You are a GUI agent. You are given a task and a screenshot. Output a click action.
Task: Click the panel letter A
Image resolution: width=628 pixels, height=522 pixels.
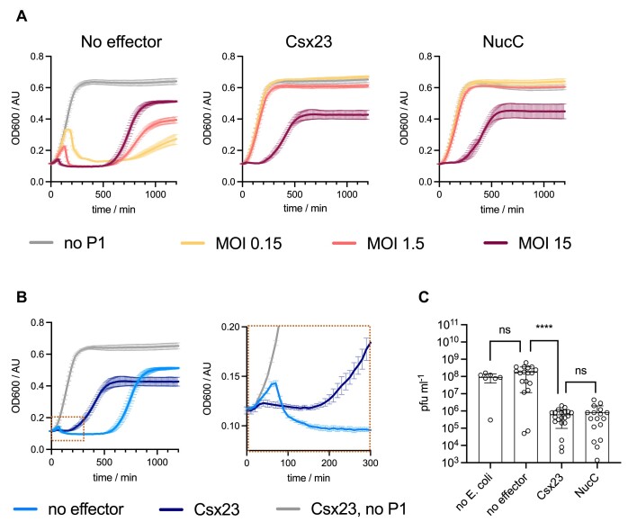coord(22,16)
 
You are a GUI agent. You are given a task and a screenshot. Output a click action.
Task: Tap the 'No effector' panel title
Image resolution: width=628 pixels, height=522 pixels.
coord(121,41)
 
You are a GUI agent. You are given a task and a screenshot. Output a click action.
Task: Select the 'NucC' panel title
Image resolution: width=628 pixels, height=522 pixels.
coord(503,41)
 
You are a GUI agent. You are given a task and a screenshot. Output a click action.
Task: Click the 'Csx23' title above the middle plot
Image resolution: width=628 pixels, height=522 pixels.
coord(309,41)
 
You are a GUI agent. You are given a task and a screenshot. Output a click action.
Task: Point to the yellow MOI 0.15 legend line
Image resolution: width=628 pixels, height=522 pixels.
coord(193,243)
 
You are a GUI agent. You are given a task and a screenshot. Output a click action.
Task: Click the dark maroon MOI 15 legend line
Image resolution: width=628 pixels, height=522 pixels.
coord(496,243)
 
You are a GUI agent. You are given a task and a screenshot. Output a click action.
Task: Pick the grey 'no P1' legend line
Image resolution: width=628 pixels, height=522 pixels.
coord(41,242)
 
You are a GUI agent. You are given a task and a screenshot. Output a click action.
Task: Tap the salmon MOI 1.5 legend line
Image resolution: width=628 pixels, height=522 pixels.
coord(344,243)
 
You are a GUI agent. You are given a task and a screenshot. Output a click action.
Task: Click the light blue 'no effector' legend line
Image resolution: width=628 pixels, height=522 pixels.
coord(25,509)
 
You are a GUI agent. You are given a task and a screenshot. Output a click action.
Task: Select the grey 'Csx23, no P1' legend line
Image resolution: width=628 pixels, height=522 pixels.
coord(288,509)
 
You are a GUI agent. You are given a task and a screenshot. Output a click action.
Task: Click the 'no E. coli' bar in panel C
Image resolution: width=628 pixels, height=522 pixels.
coord(490,419)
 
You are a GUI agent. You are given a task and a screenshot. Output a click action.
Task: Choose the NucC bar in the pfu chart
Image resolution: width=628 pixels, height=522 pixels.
coord(597,437)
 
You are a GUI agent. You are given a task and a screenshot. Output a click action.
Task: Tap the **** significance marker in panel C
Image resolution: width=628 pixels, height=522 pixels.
coord(544,328)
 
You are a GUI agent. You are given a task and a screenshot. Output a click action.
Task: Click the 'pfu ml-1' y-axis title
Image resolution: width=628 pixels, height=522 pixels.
coord(425,393)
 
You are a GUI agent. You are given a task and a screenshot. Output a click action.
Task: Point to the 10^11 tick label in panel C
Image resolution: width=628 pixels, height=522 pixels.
coord(449,325)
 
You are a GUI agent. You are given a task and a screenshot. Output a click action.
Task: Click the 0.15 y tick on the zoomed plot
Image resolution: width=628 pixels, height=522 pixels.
coord(230,376)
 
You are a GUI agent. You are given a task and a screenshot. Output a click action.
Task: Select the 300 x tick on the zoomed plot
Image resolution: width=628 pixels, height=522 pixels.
coord(370,463)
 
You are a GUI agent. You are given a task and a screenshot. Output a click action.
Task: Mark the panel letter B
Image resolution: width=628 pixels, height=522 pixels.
coord(22,297)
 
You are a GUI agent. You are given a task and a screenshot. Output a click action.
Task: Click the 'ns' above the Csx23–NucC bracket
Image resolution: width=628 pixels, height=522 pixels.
coord(580,371)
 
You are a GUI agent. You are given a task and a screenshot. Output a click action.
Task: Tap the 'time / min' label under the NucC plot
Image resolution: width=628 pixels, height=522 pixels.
coord(502,210)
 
